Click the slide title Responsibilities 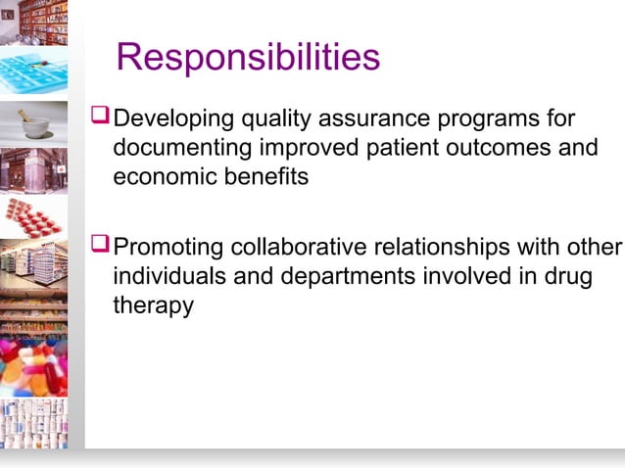tap(248, 58)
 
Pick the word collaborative tap(319, 246)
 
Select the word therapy tap(154, 306)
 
